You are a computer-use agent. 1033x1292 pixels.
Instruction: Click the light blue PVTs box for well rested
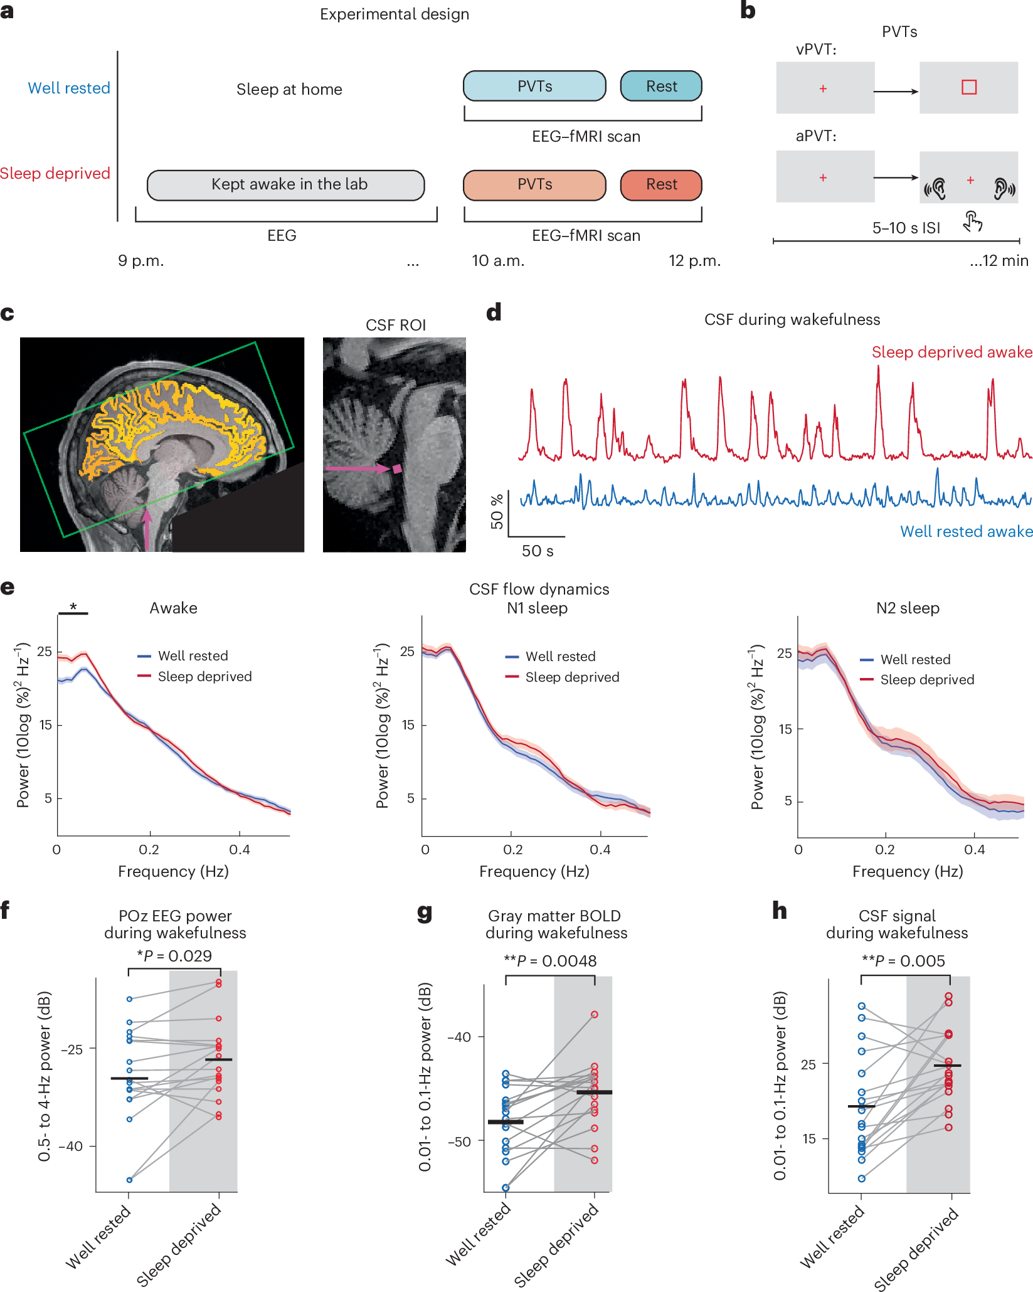(534, 86)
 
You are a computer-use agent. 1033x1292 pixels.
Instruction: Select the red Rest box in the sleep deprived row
(661, 184)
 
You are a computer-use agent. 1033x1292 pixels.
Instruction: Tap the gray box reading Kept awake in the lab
(286, 184)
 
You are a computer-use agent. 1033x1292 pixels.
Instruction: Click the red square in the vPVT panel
(968, 87)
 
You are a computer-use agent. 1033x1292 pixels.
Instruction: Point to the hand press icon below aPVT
(972, 221)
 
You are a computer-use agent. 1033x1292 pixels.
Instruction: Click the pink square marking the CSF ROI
(397, 469)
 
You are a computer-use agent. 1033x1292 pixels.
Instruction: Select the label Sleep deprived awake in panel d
(951, 352)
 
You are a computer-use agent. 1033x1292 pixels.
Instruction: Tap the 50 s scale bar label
(538, 551)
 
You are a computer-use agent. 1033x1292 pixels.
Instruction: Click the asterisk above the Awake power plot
(73, 606)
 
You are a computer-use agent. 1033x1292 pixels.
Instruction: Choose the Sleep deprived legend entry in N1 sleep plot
(571, 677)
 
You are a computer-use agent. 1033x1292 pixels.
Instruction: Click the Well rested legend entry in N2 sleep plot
(914, 659)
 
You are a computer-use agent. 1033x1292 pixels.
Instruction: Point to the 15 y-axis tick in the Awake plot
(45, 725)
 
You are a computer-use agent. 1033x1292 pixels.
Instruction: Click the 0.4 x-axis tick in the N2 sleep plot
(974, 850)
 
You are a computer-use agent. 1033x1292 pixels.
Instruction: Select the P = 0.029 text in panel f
(175, 956)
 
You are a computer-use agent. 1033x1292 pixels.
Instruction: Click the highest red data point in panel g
(594, 1014)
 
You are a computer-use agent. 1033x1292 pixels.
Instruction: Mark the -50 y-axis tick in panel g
(460, 1141)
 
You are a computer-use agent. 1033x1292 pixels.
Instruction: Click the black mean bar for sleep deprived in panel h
(947, 1066)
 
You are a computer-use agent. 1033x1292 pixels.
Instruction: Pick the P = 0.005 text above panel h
(903, 961)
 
